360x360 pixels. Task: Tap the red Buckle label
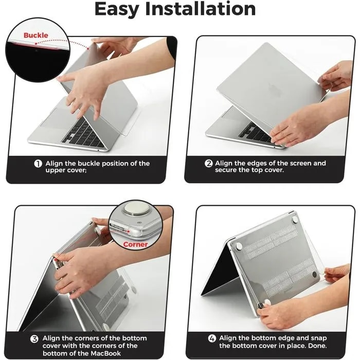(36, 35)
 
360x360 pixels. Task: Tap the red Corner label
(135, 244)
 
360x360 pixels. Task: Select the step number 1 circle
(38, 164)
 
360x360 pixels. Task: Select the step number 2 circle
(209, 164)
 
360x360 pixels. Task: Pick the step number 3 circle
(34, 339)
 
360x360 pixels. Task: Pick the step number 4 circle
(212, 338)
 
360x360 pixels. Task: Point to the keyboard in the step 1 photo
(82, 132)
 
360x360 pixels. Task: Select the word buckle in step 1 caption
(97, 164)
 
